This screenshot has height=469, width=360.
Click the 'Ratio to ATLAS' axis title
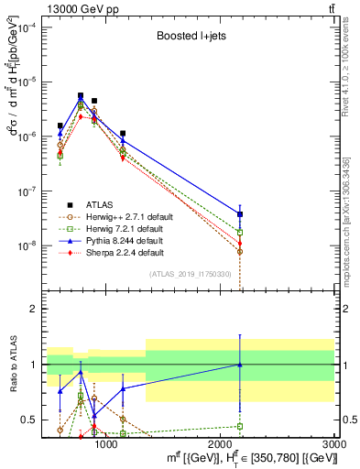click(x=12, y=364)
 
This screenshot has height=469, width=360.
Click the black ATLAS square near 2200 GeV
click(x=240, y=214)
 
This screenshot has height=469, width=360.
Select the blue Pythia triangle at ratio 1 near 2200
click(x=240, y=365)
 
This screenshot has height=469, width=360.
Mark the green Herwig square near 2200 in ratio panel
click(x=240, y=426)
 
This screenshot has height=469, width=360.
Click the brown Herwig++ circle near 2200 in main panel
click(x=240, y=251)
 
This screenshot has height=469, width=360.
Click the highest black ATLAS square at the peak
click(x=81, y=95)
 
